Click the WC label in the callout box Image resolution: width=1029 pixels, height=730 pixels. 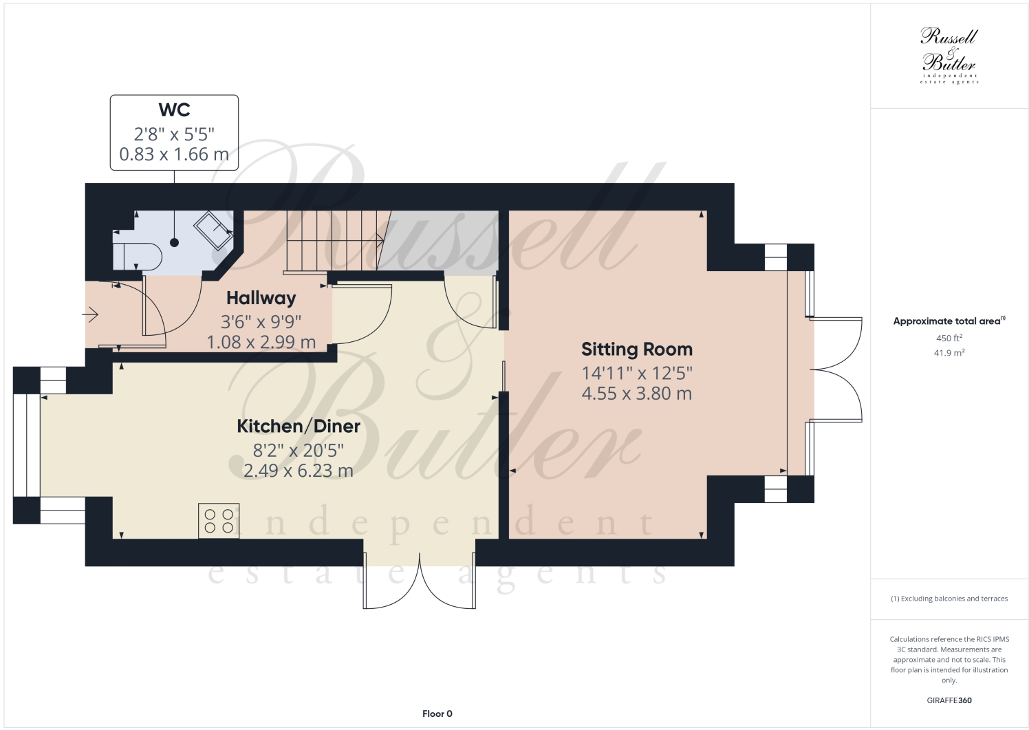click(x=174, y=110)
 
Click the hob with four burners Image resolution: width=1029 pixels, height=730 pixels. click(x=219, y=520)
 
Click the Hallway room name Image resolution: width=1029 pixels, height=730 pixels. click(x=261, y=298)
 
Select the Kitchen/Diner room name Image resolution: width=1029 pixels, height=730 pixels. click(x=299, y=426)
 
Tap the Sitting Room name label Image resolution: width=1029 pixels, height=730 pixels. click(x=636, y=350)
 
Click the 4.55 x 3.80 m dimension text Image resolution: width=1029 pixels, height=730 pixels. click(x=636, y=394)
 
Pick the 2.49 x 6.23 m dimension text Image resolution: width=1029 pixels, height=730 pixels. click(x=299, y=471)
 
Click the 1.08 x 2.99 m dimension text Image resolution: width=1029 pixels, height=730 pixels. click(x=261, y=342)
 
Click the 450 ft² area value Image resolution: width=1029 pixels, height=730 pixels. click(x=949, y=339)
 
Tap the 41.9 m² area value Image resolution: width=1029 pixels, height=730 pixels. click(x=949, y=353)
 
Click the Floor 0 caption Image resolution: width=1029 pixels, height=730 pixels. click(x=437, y=713)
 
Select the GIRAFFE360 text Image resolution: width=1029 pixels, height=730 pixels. click(x=949, y=700)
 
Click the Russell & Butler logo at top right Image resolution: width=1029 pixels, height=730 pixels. click(x=949, y=55)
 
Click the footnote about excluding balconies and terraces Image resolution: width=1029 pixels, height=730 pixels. click(x=949, y=599)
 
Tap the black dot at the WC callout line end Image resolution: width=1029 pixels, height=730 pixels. click(x=174, y=242)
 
